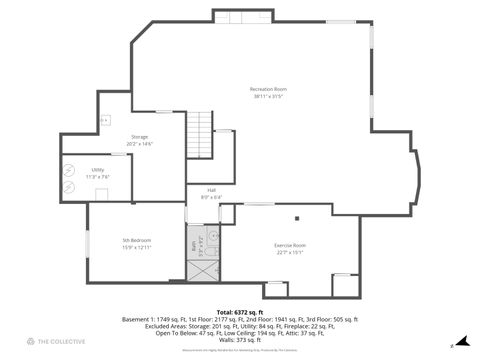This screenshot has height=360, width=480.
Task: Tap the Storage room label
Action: tap(139, 136)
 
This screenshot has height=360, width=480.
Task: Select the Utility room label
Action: tap(98, 170)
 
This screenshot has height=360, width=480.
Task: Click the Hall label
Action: tap(212, 190)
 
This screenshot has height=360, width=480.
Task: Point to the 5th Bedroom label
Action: tap(137, 240)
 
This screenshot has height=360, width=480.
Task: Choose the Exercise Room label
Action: tap(290, 245)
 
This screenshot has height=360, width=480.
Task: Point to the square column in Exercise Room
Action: tap(297, 218)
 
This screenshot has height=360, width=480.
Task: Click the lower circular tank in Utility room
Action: tap(70, 187)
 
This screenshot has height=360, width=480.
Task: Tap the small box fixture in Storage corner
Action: tap(105, 120)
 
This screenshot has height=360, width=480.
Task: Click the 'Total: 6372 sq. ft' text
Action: tap(239, 312)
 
